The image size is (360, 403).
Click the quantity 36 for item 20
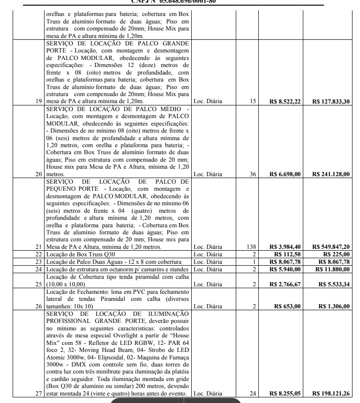[x=253, y=174]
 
